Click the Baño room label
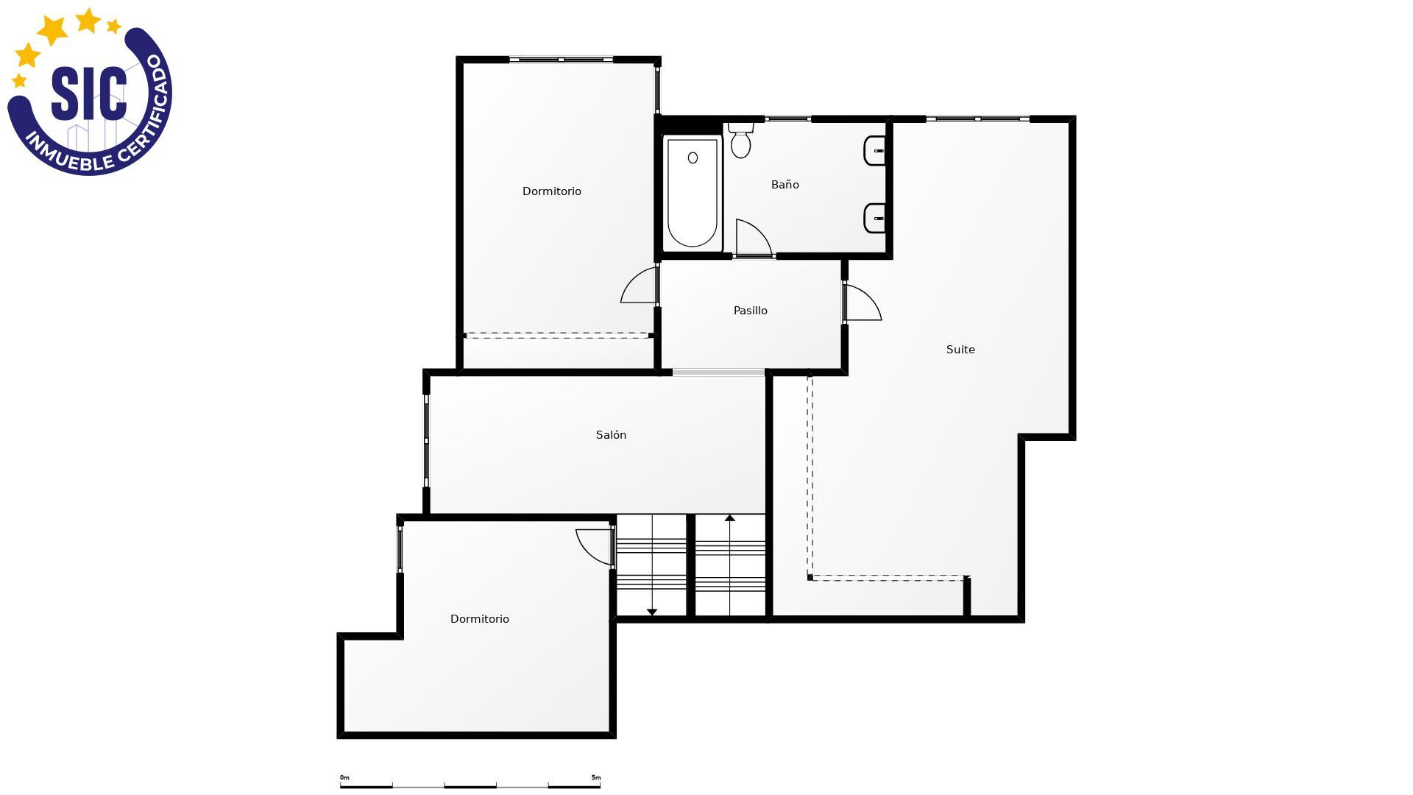click(x=785, y=185)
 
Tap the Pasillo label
click(x=750, y=311)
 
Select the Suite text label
click(x=960, y=350)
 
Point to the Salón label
click(x=611, y=435)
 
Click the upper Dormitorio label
click(x=552, y=191)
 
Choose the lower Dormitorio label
click(x=480, y=619)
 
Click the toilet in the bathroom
click(x=740, y=141)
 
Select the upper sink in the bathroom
click(x=874, y=151)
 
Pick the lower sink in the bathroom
click(x=874, y=218)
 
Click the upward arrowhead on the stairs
click(x=730, y=518)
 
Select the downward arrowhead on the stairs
click(x=652, y=612)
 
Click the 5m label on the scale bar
click(x=596, y=777)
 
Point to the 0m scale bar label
click(x=344, y=777)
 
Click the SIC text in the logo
click(x=89, y=93)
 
